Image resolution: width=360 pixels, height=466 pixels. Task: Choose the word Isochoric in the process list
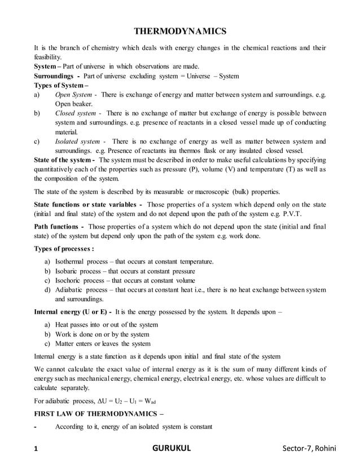(x=71, y=280)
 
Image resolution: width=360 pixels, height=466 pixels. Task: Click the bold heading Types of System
(x=63, y=85)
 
